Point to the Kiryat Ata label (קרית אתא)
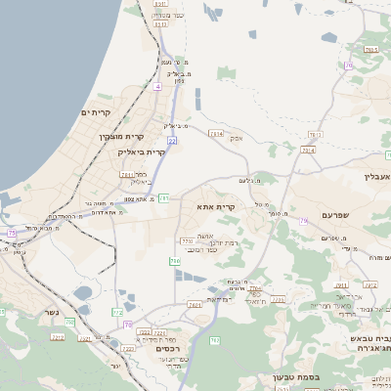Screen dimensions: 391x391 point(217,207)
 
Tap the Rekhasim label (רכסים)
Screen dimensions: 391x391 point(169,348)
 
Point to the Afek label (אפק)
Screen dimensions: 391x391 point(236,138)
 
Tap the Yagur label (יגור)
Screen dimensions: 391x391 point(114,366)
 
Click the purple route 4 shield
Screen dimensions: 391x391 point(157,86)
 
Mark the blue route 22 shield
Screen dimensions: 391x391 point(172,141)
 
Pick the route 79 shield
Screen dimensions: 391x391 point(303,222)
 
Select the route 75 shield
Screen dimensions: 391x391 point(12,233)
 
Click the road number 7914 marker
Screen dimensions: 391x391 point(307,150)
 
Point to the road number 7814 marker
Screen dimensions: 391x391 point(216,133)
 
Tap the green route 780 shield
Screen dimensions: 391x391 point(174,261)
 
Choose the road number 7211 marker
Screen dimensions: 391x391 point(126,174)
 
